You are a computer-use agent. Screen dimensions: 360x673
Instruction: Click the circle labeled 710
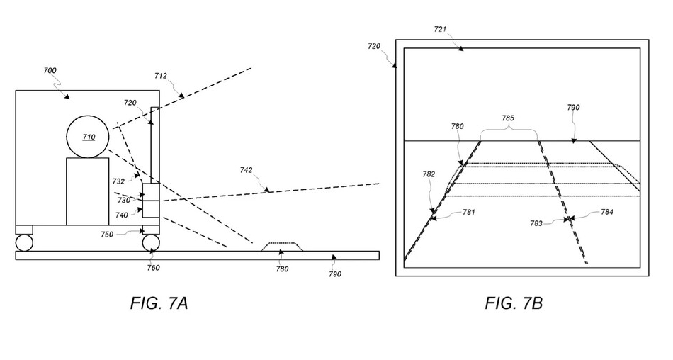point(89,136)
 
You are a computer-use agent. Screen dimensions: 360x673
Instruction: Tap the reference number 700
point(51,71)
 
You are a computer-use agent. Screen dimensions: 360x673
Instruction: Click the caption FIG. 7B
point(514,304)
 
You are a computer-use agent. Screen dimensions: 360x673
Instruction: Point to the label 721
point(439,29)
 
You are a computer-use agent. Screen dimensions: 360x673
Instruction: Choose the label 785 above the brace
point(508,118)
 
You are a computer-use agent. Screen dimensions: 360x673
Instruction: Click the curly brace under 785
point(509,132)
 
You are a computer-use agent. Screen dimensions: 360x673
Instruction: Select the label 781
point(468,212)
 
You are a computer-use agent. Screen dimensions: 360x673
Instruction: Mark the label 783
point(536,223)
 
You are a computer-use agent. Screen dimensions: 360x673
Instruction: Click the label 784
point(607,212)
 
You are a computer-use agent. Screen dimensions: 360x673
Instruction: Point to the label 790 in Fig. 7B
point(574,108)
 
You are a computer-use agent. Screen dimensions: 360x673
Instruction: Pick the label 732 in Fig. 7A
point(118,181)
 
